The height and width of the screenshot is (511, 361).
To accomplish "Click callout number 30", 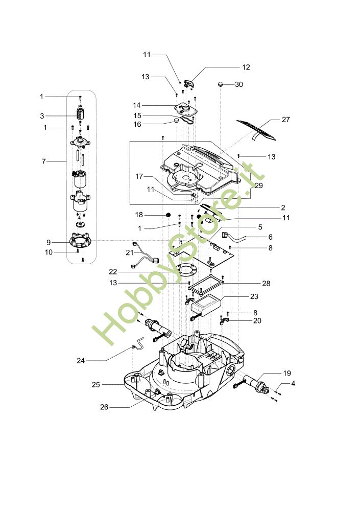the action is [x=239, y=84].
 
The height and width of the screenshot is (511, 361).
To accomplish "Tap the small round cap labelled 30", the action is [x=221, y=84].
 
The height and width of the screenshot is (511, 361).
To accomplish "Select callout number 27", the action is [x=285, y=120].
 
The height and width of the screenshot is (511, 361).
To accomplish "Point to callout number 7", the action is [x=43, y=161].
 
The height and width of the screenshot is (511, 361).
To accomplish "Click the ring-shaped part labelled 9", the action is [x=80, y=241].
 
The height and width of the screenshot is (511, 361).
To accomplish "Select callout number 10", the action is [x=49, y=252].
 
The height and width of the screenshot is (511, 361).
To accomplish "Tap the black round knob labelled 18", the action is [x=169, y=215].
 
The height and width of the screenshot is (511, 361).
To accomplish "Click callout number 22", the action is [x=113, y=272].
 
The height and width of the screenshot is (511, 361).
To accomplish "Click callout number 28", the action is [x=266, y=284].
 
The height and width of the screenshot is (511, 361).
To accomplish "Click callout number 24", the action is [x=80, y=361].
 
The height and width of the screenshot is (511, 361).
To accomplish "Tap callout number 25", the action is [x=95, y=385].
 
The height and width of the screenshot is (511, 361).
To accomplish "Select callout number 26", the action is [x=104, y=407].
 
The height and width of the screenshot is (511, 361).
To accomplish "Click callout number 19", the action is [x=287, y=373].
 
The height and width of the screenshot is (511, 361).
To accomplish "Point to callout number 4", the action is [x=293, y=384].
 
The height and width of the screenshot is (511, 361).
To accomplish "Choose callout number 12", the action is [x=246, y=67].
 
